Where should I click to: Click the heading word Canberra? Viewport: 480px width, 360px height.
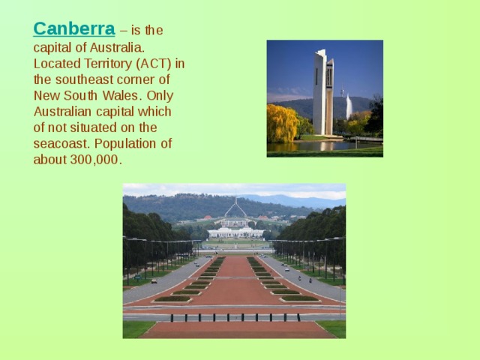[73, 29]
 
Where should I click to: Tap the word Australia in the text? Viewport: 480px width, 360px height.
[107, 46]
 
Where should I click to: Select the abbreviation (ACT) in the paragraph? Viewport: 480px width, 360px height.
[151, 63]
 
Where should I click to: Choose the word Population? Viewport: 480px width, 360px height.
[136, 144]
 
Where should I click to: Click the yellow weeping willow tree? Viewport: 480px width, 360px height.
[281, 124]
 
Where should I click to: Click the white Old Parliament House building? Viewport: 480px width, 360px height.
[235, 232]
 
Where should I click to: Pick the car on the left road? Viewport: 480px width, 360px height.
[154, 280]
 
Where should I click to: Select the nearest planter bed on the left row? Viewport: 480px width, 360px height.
[172, 298]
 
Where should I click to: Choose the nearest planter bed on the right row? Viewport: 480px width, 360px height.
[299, 298]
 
